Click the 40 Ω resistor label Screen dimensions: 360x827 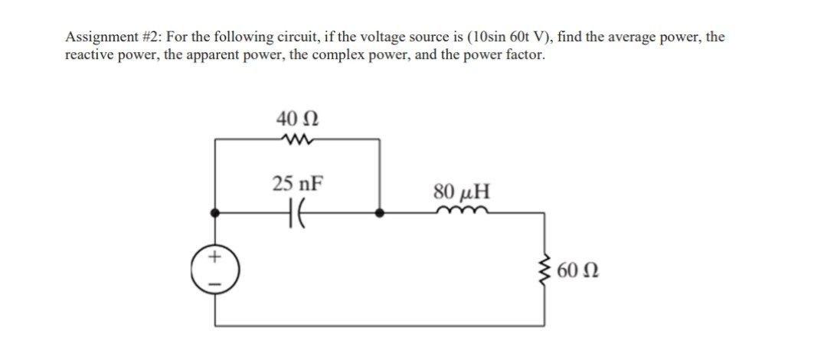point(297,119)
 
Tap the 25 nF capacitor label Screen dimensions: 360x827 point(297,184)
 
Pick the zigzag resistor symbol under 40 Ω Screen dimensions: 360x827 point(297,139)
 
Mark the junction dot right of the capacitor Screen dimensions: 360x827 point(379,214)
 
